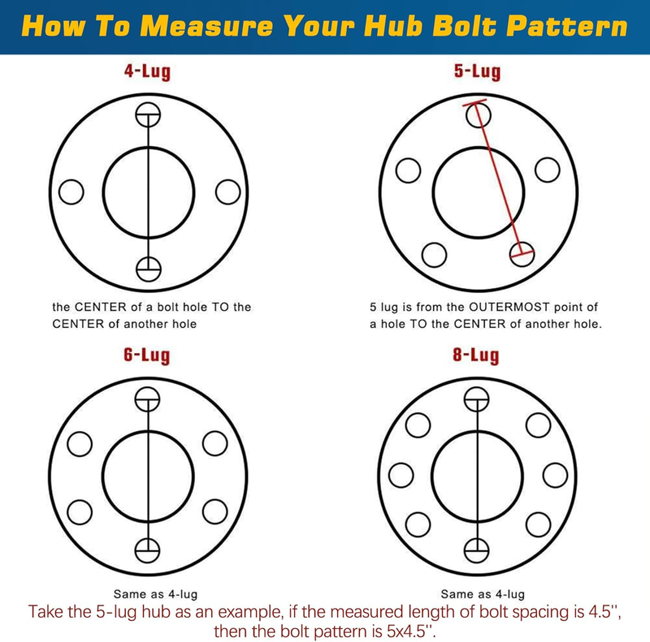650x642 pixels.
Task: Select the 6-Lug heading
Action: [148, 356]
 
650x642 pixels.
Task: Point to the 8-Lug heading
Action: [476, 356]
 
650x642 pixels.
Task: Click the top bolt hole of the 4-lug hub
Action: [148, 115]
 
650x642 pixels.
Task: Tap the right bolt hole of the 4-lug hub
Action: [228, 192]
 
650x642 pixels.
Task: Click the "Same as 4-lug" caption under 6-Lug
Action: [148, 594]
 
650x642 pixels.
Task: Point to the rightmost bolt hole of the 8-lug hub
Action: [555, 476]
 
